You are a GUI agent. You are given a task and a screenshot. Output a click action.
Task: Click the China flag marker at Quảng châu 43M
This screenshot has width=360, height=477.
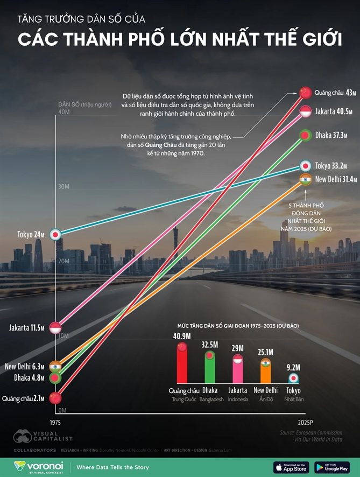(306, 93)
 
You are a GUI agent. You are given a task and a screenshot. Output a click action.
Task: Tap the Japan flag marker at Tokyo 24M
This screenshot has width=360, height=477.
(55, 235)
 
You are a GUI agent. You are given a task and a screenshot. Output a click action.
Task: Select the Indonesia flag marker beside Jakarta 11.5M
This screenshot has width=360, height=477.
(55, 327)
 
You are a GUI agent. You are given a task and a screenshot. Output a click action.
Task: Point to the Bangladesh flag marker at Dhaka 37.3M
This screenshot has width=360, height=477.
(305, 135)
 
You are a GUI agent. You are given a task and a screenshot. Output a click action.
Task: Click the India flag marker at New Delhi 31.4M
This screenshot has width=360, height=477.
(305, 179)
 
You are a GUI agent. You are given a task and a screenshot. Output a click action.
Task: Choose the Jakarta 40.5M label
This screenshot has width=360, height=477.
(334, 111)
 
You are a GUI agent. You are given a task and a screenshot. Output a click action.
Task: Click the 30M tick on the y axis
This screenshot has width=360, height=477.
(63, 187)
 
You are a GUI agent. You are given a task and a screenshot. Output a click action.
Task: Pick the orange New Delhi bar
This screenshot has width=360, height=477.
(265, 371)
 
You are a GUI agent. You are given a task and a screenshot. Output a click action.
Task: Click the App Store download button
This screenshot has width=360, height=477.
(291, 467)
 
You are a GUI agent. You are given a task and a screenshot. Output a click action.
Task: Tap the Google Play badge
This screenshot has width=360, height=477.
(332, 467)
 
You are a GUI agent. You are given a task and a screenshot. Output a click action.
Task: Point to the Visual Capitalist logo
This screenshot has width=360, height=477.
(43, 436)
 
